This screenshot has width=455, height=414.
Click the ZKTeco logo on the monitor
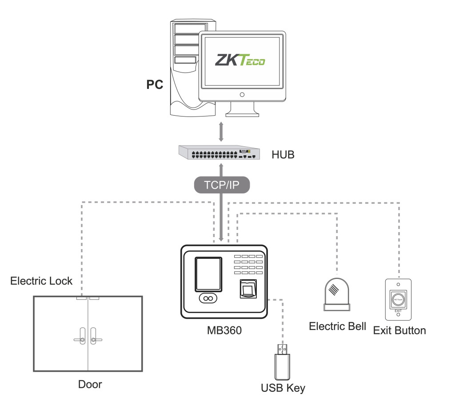(240, 60)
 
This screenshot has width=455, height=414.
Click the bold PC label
(155, 84)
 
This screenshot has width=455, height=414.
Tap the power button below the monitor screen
(242, 94)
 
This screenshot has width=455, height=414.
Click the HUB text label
(283, 155)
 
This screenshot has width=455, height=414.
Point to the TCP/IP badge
(220, 185)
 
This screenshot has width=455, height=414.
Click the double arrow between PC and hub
(220, 131)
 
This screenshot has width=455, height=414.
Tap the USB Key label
(283, 388)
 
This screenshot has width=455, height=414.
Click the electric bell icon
(337, 293)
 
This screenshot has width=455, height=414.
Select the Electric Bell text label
(337, 326)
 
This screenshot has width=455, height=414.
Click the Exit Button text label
(399, 330)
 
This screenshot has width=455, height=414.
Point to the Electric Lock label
(41, 281)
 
